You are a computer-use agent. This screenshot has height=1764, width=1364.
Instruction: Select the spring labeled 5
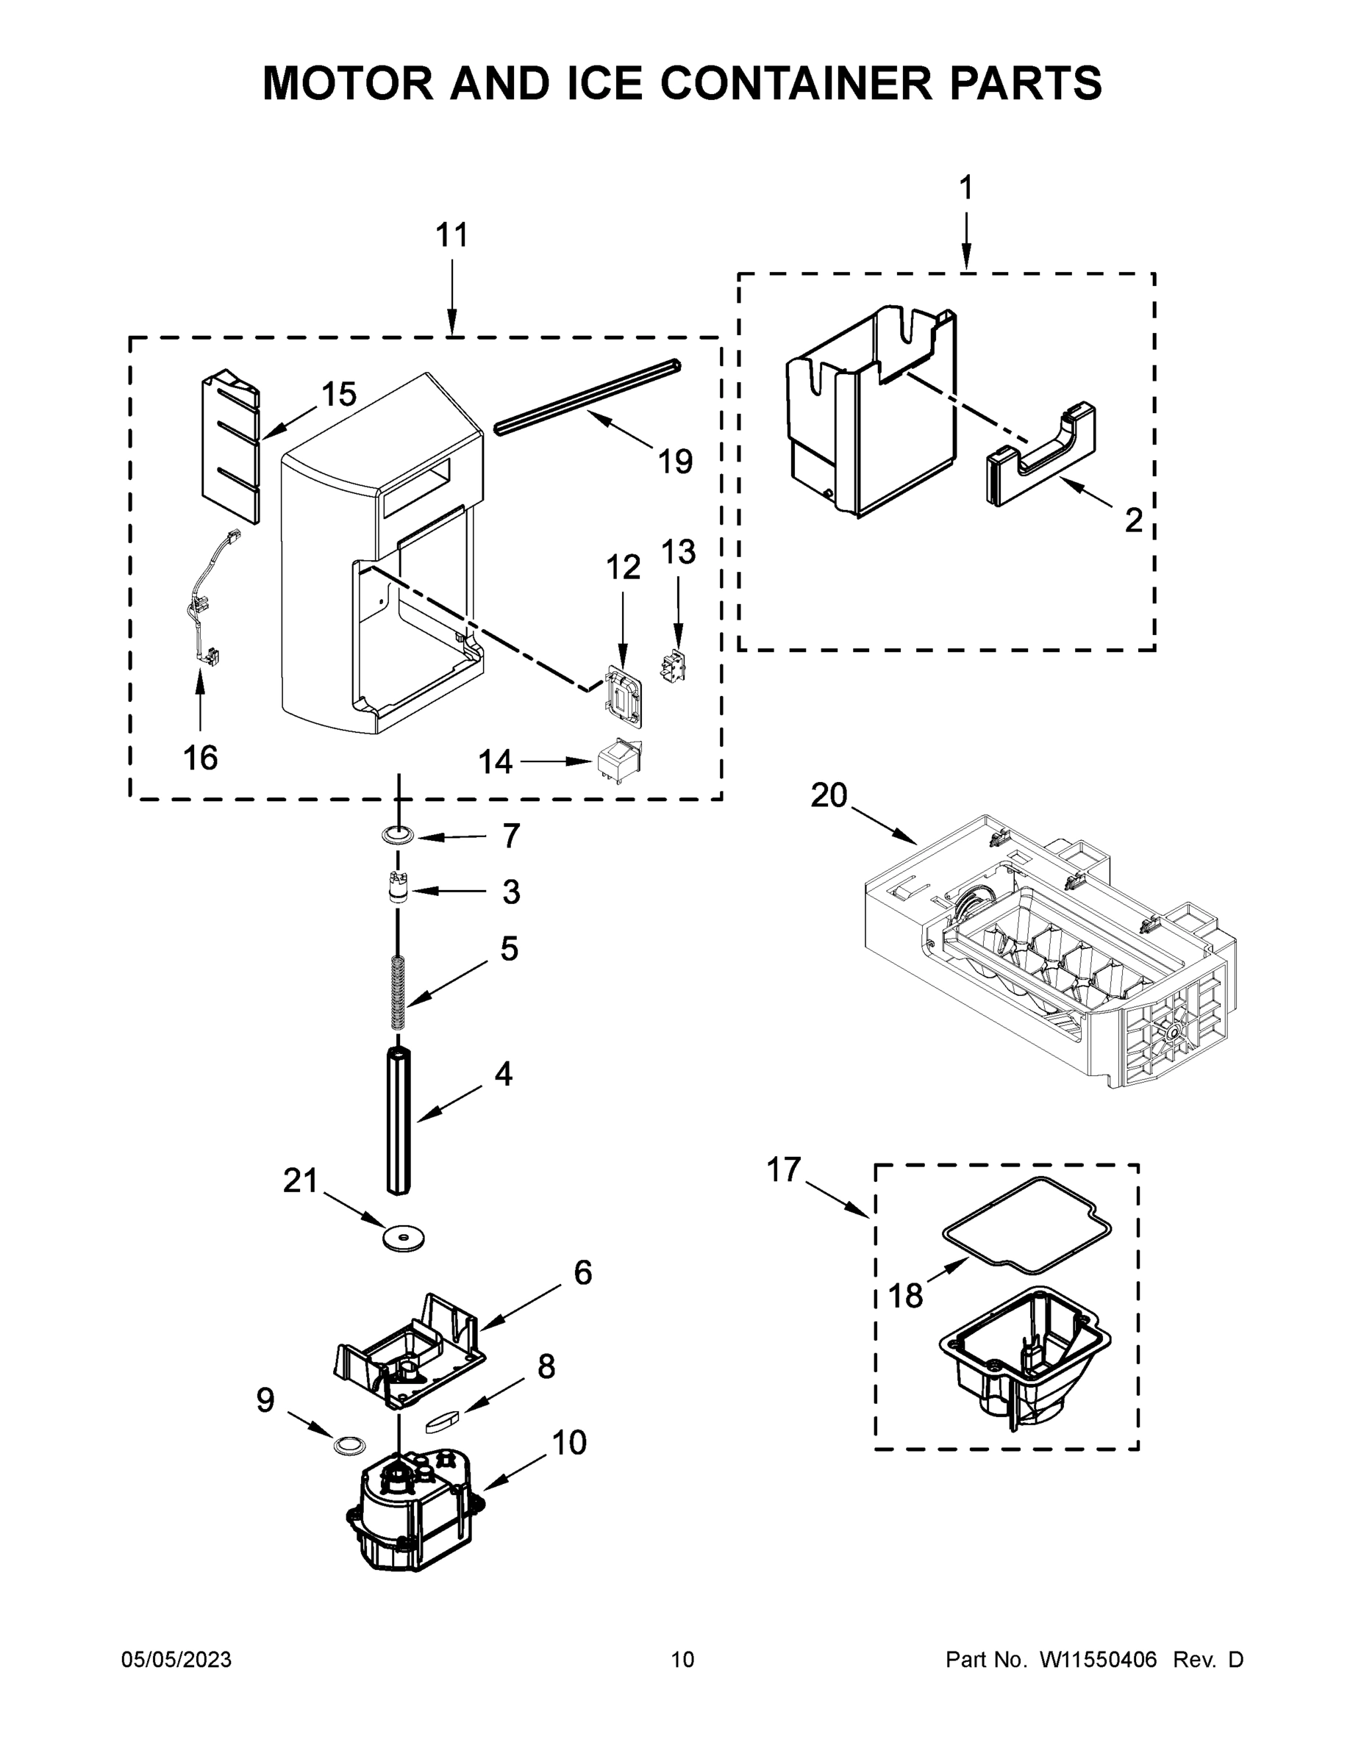click(398, 993)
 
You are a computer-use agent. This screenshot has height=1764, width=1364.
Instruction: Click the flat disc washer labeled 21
click(404, 1238)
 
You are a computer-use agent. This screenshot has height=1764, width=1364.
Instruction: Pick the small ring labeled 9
click(349, 1445)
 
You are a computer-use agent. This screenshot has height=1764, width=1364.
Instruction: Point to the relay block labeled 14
click(618, 760)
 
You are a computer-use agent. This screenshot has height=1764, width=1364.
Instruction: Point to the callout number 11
click(451, 235)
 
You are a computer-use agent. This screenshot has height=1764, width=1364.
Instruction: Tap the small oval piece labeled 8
click(442, 1420)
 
